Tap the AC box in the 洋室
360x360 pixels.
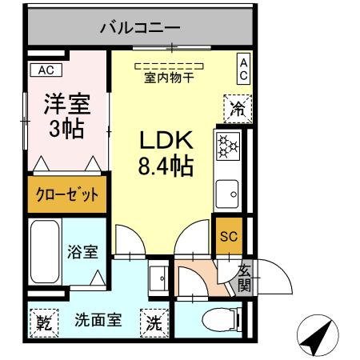pos(46,70)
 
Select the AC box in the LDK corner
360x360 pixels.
pos(244,69)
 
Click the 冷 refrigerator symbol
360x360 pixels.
pos(238,107)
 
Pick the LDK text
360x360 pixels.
pos(167,141)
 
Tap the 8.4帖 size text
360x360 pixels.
pos(167,168)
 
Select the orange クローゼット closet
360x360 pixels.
pos(66,194)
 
